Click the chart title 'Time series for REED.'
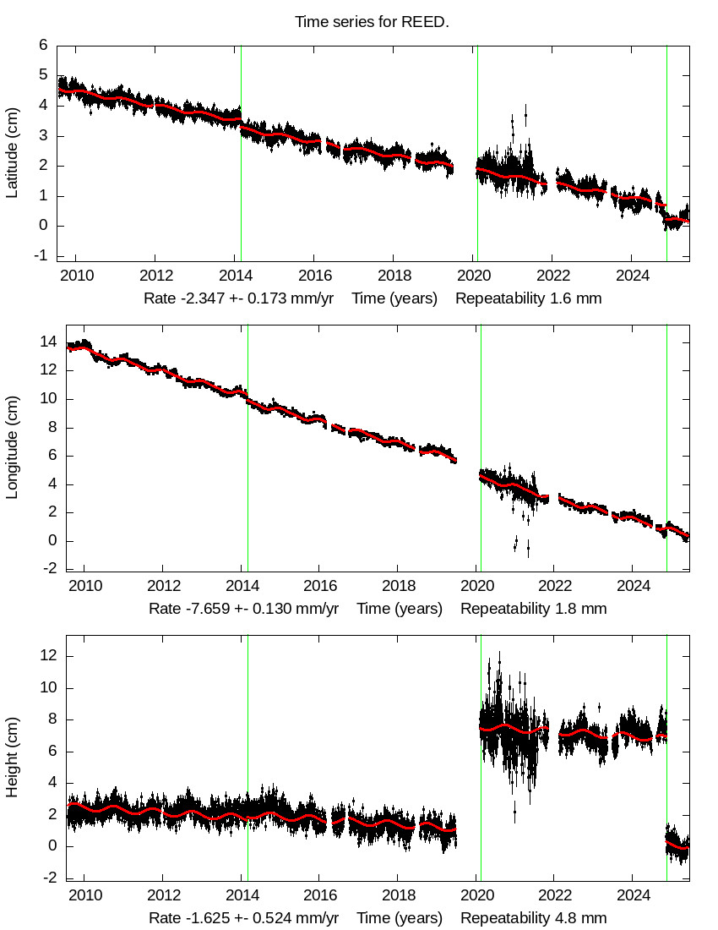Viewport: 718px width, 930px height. coord(372,22)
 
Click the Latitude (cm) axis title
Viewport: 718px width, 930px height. coord(12,153)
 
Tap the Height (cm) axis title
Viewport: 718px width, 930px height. coord(12,758)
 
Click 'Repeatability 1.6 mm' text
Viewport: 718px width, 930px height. coord(529,298)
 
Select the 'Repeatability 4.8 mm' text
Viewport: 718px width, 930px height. coord(533,918)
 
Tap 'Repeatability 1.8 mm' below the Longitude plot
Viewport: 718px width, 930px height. coord(533,609)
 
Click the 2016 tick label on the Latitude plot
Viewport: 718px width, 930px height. coord(314,274)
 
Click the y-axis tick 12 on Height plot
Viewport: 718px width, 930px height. coord(49,655)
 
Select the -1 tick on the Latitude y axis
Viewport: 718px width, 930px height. coord(42,256)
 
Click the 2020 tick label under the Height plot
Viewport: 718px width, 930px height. coord(478,894)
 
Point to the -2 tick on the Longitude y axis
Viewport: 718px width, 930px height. coord(49,569)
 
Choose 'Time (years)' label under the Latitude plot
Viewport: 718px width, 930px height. coord(394,298)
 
